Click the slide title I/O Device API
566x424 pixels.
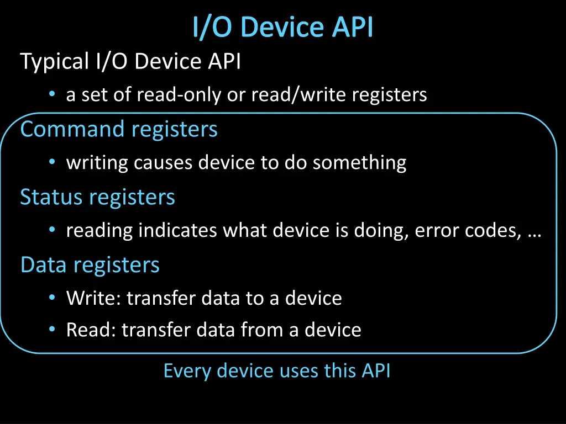pyautogui.click(x=283, y=28)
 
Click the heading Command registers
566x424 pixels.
pyautogui.click(x=119, y=129)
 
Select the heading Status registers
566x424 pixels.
pyautogui.click(x=97, y=197)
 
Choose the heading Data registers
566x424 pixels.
pyautogui.click(x=90, y=265)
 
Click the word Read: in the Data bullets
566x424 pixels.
pyautogui.click(x=91, y=330)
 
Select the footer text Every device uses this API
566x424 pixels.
pyautogui.click(x=277, y=370)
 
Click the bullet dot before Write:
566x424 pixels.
pyautogui.click(x=52, y=298)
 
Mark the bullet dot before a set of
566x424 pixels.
pyautogui.click(x=52, y=95)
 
